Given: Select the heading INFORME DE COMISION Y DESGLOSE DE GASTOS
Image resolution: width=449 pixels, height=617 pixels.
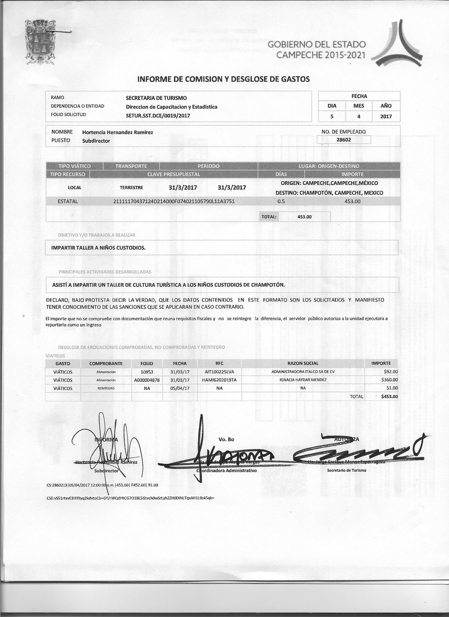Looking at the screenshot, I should click(x=223, y=79).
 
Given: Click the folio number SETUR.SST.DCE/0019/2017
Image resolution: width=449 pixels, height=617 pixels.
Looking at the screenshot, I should click(x=158, y=116).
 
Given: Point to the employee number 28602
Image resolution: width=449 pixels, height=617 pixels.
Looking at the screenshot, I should click(x=344, y=140).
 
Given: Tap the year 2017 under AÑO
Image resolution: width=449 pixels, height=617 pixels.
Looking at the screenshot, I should click(x=386, y=116).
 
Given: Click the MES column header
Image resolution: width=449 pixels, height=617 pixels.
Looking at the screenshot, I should click(x=359, y=106).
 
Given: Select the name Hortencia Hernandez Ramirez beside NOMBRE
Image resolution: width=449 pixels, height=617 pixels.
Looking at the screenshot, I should click(x=118, y=132).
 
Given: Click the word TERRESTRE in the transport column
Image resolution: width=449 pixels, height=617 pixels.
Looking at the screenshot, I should click(x=131, y=187).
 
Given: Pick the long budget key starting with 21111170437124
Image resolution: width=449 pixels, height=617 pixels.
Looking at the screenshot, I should click(x=174, y=201).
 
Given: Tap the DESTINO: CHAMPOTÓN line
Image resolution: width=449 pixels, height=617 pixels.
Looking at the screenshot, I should click(x=329, y=193).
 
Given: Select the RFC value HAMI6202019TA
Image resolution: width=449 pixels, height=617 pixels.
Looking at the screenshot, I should click(x=219, y=380).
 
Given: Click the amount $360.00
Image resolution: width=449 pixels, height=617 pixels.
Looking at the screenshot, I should click(x=389, y=380).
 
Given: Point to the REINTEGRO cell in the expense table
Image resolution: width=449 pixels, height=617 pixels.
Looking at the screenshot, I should click(x=106, y=388).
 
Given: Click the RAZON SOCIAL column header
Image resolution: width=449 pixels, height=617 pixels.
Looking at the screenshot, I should click(x=303, y=363).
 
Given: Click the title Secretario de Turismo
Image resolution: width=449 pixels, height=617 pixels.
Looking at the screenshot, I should click(x=346, y=470).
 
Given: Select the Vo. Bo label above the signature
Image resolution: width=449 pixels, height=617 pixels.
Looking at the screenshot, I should click(x=226, y=439).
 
